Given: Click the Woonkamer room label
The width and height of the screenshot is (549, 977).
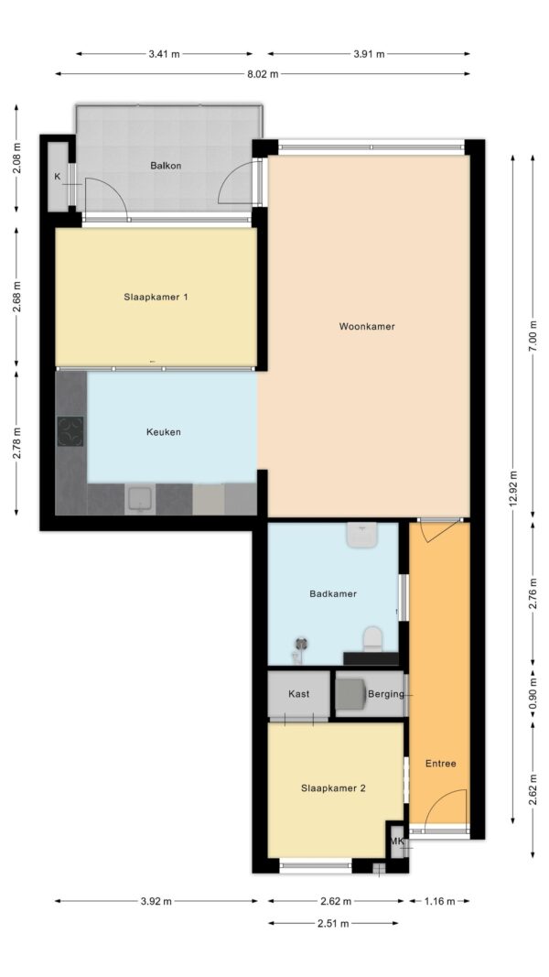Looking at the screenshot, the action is tap(367, 326).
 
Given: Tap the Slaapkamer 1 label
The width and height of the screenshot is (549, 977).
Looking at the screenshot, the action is tap(156, 298).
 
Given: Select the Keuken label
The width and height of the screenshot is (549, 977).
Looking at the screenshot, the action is tap(164, 431).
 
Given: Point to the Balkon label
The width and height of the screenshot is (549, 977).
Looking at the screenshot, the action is tap(166, 166).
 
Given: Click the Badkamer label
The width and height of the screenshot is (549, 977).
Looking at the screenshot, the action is tap(333, 594).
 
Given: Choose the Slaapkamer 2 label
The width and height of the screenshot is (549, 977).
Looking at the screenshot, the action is tap(333, 788).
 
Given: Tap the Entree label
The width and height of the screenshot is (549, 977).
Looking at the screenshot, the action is tap(441, 764).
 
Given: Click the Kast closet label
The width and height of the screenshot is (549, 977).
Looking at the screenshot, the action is tap(299, 694).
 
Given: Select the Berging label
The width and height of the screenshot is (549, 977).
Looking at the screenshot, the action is tap(386, 694).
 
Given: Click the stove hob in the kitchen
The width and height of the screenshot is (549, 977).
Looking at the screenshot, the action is tap(70, 431).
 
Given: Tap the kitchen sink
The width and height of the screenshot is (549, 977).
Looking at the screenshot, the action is tap(139, 499).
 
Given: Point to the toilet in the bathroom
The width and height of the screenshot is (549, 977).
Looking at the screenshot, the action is tap(372, 638).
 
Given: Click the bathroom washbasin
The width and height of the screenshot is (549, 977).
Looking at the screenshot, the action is tap(361, 536).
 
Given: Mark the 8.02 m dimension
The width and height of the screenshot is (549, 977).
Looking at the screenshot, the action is tap(263, 74).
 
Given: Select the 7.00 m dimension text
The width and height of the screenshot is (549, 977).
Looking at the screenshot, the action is tap(533, 336).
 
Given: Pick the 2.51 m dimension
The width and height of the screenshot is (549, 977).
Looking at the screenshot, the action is tap(334, 923).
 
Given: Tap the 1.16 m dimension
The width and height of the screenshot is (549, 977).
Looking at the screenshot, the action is tap(439, 901).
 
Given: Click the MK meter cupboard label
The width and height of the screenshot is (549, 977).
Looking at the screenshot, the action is tap(397, 841).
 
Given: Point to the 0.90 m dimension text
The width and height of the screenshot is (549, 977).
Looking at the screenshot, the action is tap(533, 693).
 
